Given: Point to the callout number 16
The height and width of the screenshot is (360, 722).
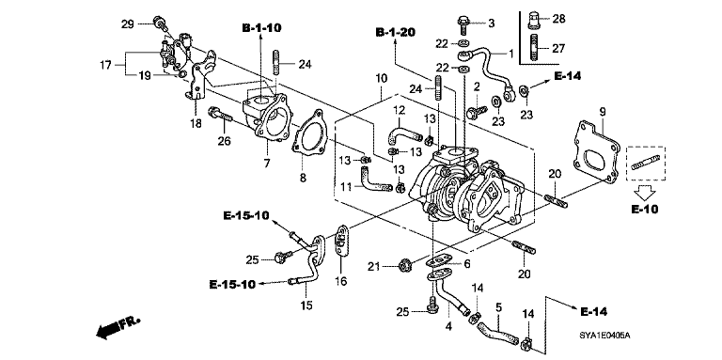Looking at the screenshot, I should coord(340,281).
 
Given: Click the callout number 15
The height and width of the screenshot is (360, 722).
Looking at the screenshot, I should coord(306,305).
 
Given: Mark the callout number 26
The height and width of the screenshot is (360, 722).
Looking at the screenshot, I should coord(223,143).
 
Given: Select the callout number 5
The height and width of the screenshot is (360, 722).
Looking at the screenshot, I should coord(498,306).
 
